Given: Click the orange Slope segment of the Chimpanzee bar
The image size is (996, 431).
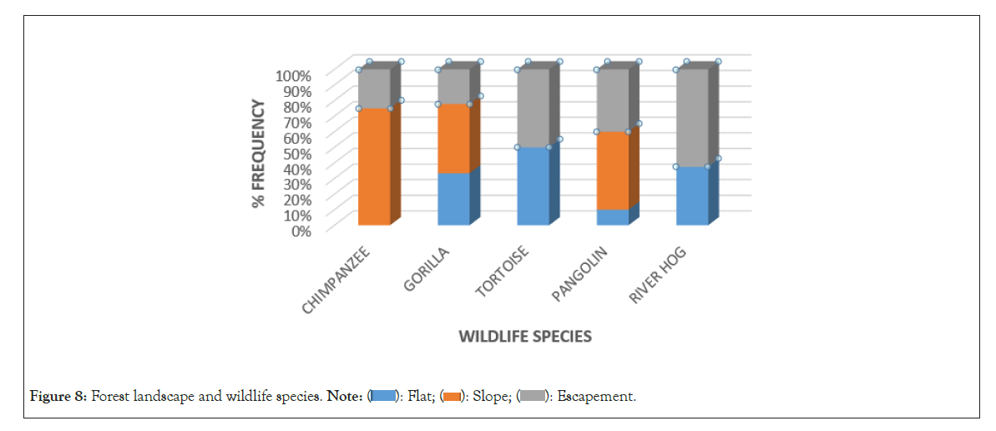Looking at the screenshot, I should pyautogui.click(x=374, y=167).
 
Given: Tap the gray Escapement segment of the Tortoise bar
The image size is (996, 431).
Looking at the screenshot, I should pyautogui.click(x=533, y=108).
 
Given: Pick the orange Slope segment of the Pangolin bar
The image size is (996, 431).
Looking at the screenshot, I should pyautogui.click(x=612, y=170).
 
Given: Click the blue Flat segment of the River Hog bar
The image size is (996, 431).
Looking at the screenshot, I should pyautogui.click(x=692, y=195).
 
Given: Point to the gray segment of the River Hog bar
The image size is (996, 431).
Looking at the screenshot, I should pyautogui.click(x=692, y=118).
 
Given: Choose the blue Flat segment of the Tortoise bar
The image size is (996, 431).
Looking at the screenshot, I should pyautogui.click(x=533, y=186).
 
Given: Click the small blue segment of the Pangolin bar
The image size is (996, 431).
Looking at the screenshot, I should pyautogui.click(x=612, y=217).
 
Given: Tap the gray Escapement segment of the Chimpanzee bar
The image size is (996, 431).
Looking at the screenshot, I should pyautogui.click(x=374, y=89).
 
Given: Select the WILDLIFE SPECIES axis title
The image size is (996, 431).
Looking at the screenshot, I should pyautogui.click(x=525, y=337).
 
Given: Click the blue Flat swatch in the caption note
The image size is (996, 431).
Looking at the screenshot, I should pyautogui.click(x=384, y=396).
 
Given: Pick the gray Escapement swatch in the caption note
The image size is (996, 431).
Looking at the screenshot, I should pyautogui.click(x=532, y=396).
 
